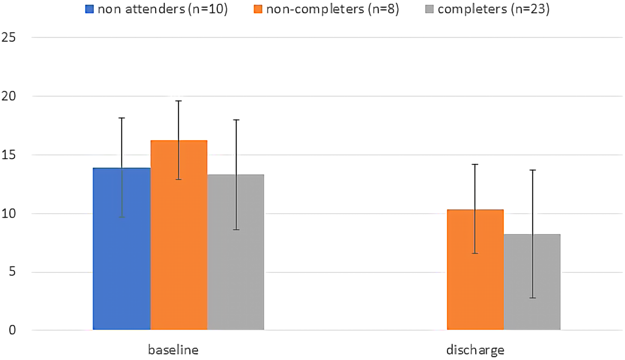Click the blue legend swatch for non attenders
[89, 9]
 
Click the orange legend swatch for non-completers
[258, 9]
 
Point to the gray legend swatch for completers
[429, 9]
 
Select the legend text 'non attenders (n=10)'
[162, 9]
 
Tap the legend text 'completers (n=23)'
[493, 9]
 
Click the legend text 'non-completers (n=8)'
[333, 9]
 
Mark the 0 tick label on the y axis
[12, 330]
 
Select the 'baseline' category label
[173, 350]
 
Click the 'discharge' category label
[475, 350]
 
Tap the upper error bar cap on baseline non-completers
[179, 101]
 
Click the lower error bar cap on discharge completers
[532, 298]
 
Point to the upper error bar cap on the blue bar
[122, 118]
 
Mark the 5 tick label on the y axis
[12, 272]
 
